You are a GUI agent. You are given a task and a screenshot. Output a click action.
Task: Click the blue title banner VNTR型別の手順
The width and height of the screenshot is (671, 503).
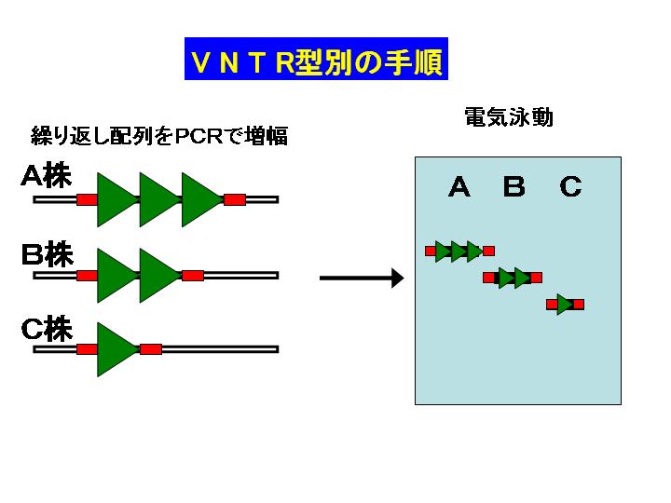[x=316, y=59]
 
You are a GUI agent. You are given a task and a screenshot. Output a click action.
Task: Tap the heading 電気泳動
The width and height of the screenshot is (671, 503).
[x=509, y=116]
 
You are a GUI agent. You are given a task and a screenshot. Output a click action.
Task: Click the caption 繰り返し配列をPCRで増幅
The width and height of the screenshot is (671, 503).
[x=159, y=136]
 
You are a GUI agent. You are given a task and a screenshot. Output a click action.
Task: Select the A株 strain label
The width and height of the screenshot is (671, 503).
[x=47, y=175]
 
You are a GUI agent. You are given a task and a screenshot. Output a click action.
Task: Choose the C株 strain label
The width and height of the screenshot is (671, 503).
[x=48, y=329]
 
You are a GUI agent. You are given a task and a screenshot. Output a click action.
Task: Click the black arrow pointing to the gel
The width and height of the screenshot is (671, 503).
[x=362, y=278]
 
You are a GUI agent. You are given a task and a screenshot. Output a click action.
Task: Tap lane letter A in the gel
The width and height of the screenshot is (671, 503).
[x=459, y=187]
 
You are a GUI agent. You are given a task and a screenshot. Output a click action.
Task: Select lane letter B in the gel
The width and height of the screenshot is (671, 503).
[x=514, y=187]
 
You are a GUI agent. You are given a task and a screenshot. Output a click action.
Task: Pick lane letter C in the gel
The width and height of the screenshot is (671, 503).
[x=571, y=187]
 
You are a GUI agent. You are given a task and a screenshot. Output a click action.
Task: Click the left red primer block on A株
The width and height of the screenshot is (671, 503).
[x=87, y=199]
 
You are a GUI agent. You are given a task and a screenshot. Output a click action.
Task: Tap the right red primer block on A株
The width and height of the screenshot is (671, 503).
[x=235, y=199]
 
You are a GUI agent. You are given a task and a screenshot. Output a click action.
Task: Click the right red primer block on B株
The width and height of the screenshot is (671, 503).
[x=193, y=276]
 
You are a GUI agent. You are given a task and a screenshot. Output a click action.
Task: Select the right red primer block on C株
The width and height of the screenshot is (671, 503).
[x=151, y=349]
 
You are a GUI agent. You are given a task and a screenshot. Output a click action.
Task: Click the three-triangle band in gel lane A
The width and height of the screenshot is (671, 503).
[x=460, y=251]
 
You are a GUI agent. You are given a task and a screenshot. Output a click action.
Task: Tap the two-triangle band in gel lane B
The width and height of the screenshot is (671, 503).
[x=513, y=278]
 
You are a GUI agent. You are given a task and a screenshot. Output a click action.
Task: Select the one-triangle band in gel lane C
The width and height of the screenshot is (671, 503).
[x=566, y=305]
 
